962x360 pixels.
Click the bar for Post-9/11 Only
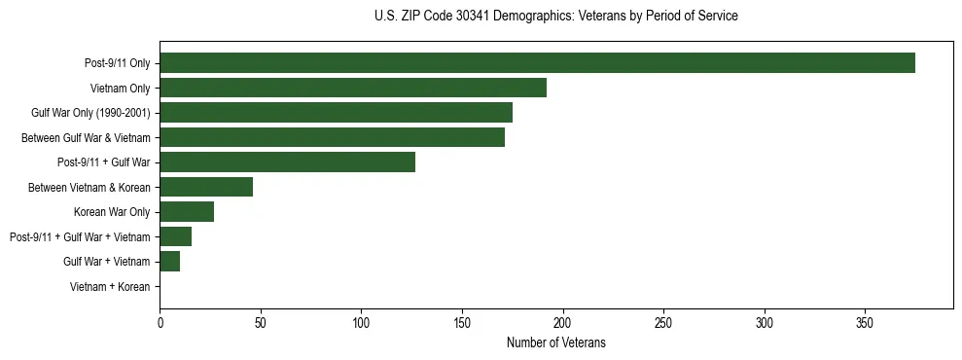(x=537, y=63)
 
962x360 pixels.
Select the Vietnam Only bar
(x=353, y=88)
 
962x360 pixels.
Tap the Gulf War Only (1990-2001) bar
(x=336, y=113)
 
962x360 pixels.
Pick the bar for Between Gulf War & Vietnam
(x=332, y=137)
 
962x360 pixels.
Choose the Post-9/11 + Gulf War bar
(x=287, y=162)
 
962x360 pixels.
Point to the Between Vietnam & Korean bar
(x=206, y=187)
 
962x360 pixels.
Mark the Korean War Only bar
(x=187, y=212)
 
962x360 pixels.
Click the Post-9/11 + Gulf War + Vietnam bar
(x=176, y=236)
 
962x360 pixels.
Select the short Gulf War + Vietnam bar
(x=170, y=262)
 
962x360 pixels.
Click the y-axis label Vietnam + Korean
(x=110, y=287)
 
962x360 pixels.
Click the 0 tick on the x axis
(x=160, y=320)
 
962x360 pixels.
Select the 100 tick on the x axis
(x=362, y=320)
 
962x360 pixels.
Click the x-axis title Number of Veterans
(x=556, y=342)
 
